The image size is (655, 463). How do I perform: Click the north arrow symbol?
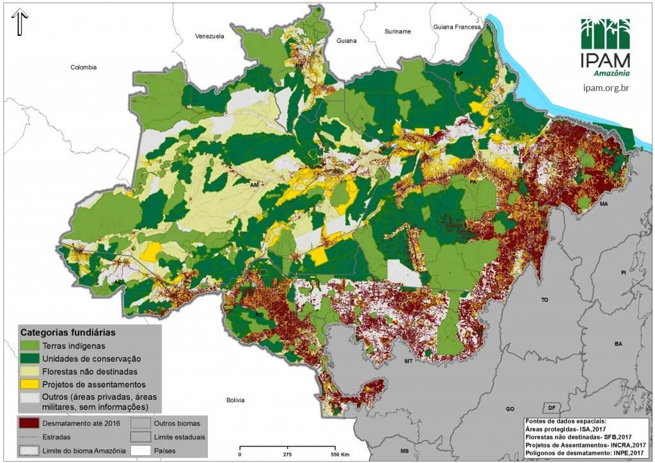point(19,23)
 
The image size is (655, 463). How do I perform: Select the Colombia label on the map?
point(83,67)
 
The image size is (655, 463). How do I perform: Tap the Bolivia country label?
point(235,400)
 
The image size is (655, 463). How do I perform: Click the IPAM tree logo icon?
point(605,33)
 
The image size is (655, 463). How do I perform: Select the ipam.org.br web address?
point(606,87)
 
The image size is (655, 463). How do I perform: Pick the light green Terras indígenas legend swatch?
point(29,346)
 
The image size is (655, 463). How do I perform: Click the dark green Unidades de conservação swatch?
point(29,359)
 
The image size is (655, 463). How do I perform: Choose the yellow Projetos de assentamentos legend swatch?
point(29,384)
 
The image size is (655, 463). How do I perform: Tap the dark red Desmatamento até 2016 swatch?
point(29,423)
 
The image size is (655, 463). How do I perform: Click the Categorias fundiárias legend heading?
point(68,333)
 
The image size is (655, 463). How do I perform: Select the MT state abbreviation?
point(407,361)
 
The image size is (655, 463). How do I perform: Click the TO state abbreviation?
point(545,299)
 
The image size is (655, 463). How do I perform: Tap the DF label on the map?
point(550,408)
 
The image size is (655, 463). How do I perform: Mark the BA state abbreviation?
point(618,344)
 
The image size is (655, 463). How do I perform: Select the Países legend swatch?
point(140,451)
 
